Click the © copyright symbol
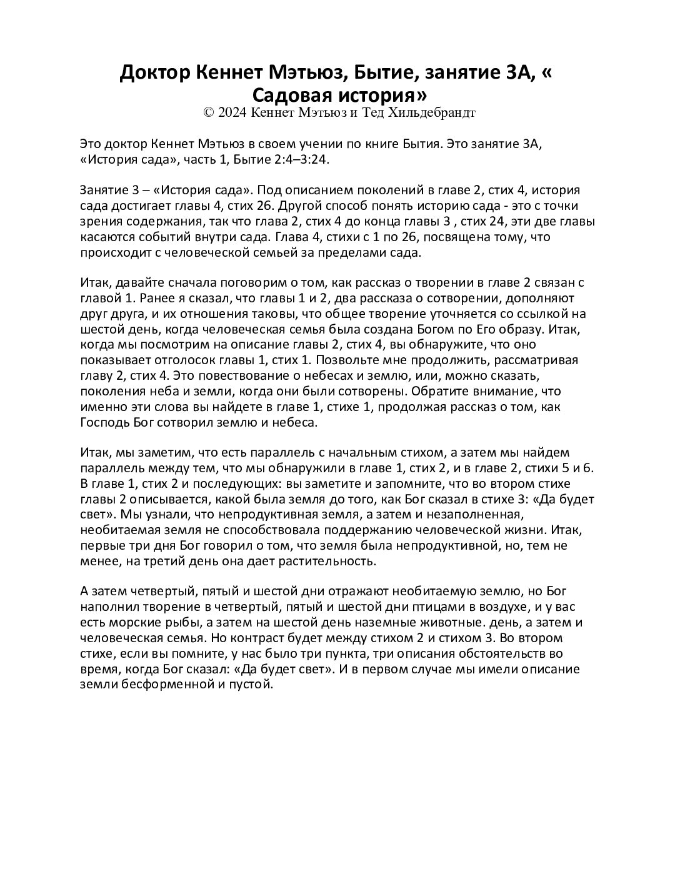point(209,112)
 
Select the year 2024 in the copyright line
point(232,112)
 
